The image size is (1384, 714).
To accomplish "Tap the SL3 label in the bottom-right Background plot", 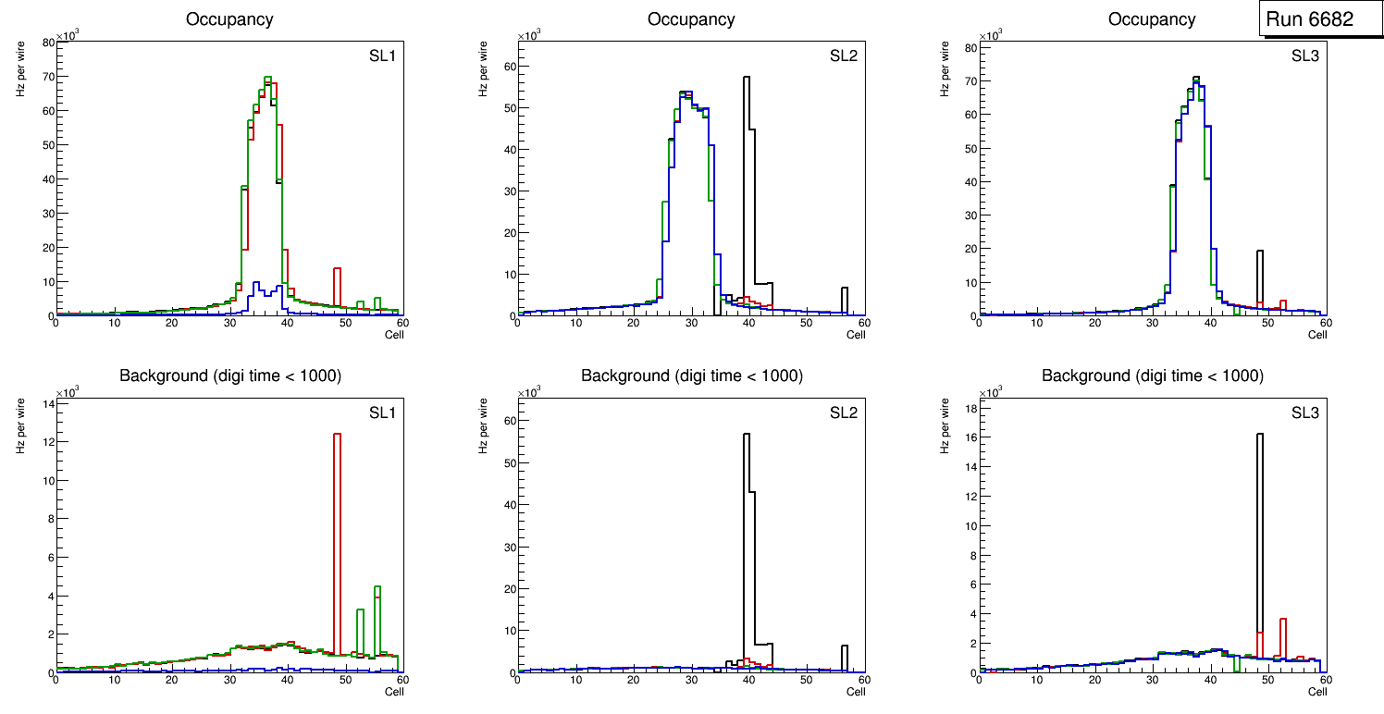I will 1304,412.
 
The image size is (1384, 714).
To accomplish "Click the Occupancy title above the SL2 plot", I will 691,19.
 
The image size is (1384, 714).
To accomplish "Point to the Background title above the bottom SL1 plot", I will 230,375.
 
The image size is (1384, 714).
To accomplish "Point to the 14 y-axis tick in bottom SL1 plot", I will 47,403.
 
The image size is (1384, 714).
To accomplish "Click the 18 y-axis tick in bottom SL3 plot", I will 970,407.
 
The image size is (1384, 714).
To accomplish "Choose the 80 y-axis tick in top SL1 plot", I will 47,43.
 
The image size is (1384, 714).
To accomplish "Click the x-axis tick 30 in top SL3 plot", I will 1153,323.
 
